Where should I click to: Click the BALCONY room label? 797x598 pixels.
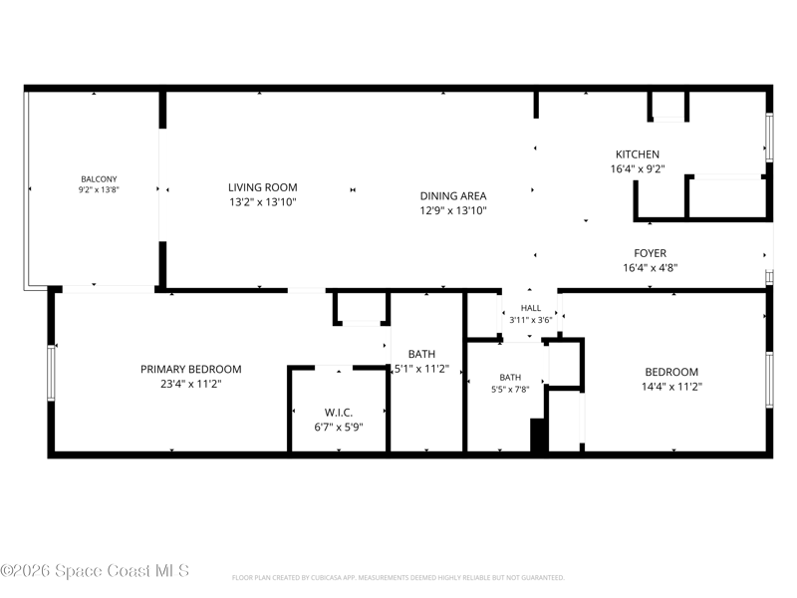tap(99, 179)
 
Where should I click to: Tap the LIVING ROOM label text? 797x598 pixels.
tap(263, 187)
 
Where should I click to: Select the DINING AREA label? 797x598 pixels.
tap(453, 195)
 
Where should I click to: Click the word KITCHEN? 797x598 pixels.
tap(638, 154)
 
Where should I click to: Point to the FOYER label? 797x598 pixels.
tap(651, 253)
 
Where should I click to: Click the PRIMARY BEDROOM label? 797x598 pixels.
tap(190, 369)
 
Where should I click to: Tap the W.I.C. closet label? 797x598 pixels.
tap(339, 412)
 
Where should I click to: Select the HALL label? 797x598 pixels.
tap(531, 308)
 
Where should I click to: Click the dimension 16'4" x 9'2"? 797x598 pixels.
tap(638, 168)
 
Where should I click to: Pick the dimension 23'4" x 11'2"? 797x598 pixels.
tap(190, 384)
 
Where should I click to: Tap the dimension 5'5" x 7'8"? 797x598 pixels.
tap(510, 390)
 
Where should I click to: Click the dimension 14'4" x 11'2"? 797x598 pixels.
tap(671, 387)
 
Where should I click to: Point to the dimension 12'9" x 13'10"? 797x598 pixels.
tap(453, 210)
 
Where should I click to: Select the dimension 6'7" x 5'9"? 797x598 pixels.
tap(339, 428)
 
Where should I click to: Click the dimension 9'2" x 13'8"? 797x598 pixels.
tap(99, 189)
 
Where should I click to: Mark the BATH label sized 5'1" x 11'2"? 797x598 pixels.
tap(421, 354)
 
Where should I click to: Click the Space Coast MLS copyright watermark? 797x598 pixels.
tap(95, 570)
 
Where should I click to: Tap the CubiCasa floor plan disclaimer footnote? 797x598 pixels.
tap(398, 578)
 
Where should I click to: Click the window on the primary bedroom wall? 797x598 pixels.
tap(51, 373)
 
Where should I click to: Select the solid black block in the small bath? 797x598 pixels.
tap(539, 435)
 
